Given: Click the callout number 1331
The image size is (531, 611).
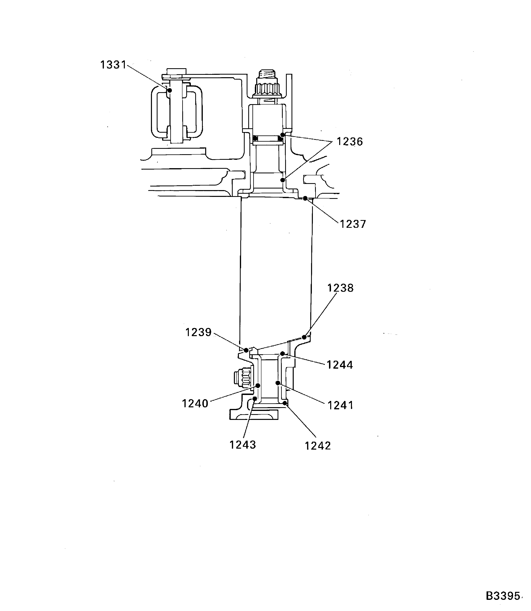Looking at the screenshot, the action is tap(113, 65).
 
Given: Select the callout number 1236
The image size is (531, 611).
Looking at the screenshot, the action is tap(350, 142).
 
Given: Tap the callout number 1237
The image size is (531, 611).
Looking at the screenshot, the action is tap(353, 224).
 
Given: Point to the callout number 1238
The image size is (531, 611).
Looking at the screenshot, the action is tap(340, 288).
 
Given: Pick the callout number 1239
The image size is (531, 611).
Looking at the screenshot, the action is tap(198, 332).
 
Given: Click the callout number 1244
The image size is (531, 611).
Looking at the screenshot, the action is tap(340, 365).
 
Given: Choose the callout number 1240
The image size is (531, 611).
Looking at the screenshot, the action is tap(195, 404).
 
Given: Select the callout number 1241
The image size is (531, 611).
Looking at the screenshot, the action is tap(340, 405).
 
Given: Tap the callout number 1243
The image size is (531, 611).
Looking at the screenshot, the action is tap(243, 445).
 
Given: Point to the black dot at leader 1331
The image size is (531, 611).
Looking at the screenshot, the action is tap(170, 90).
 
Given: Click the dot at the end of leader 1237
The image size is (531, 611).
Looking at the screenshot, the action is tap(305, 198).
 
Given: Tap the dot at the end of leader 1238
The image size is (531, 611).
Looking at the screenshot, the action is tap(304, 337).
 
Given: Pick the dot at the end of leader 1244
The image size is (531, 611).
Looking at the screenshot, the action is tap(283, 354).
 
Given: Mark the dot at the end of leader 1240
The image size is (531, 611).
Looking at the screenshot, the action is tap(258, 386).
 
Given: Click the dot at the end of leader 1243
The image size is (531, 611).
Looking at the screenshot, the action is tap(255, 398).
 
